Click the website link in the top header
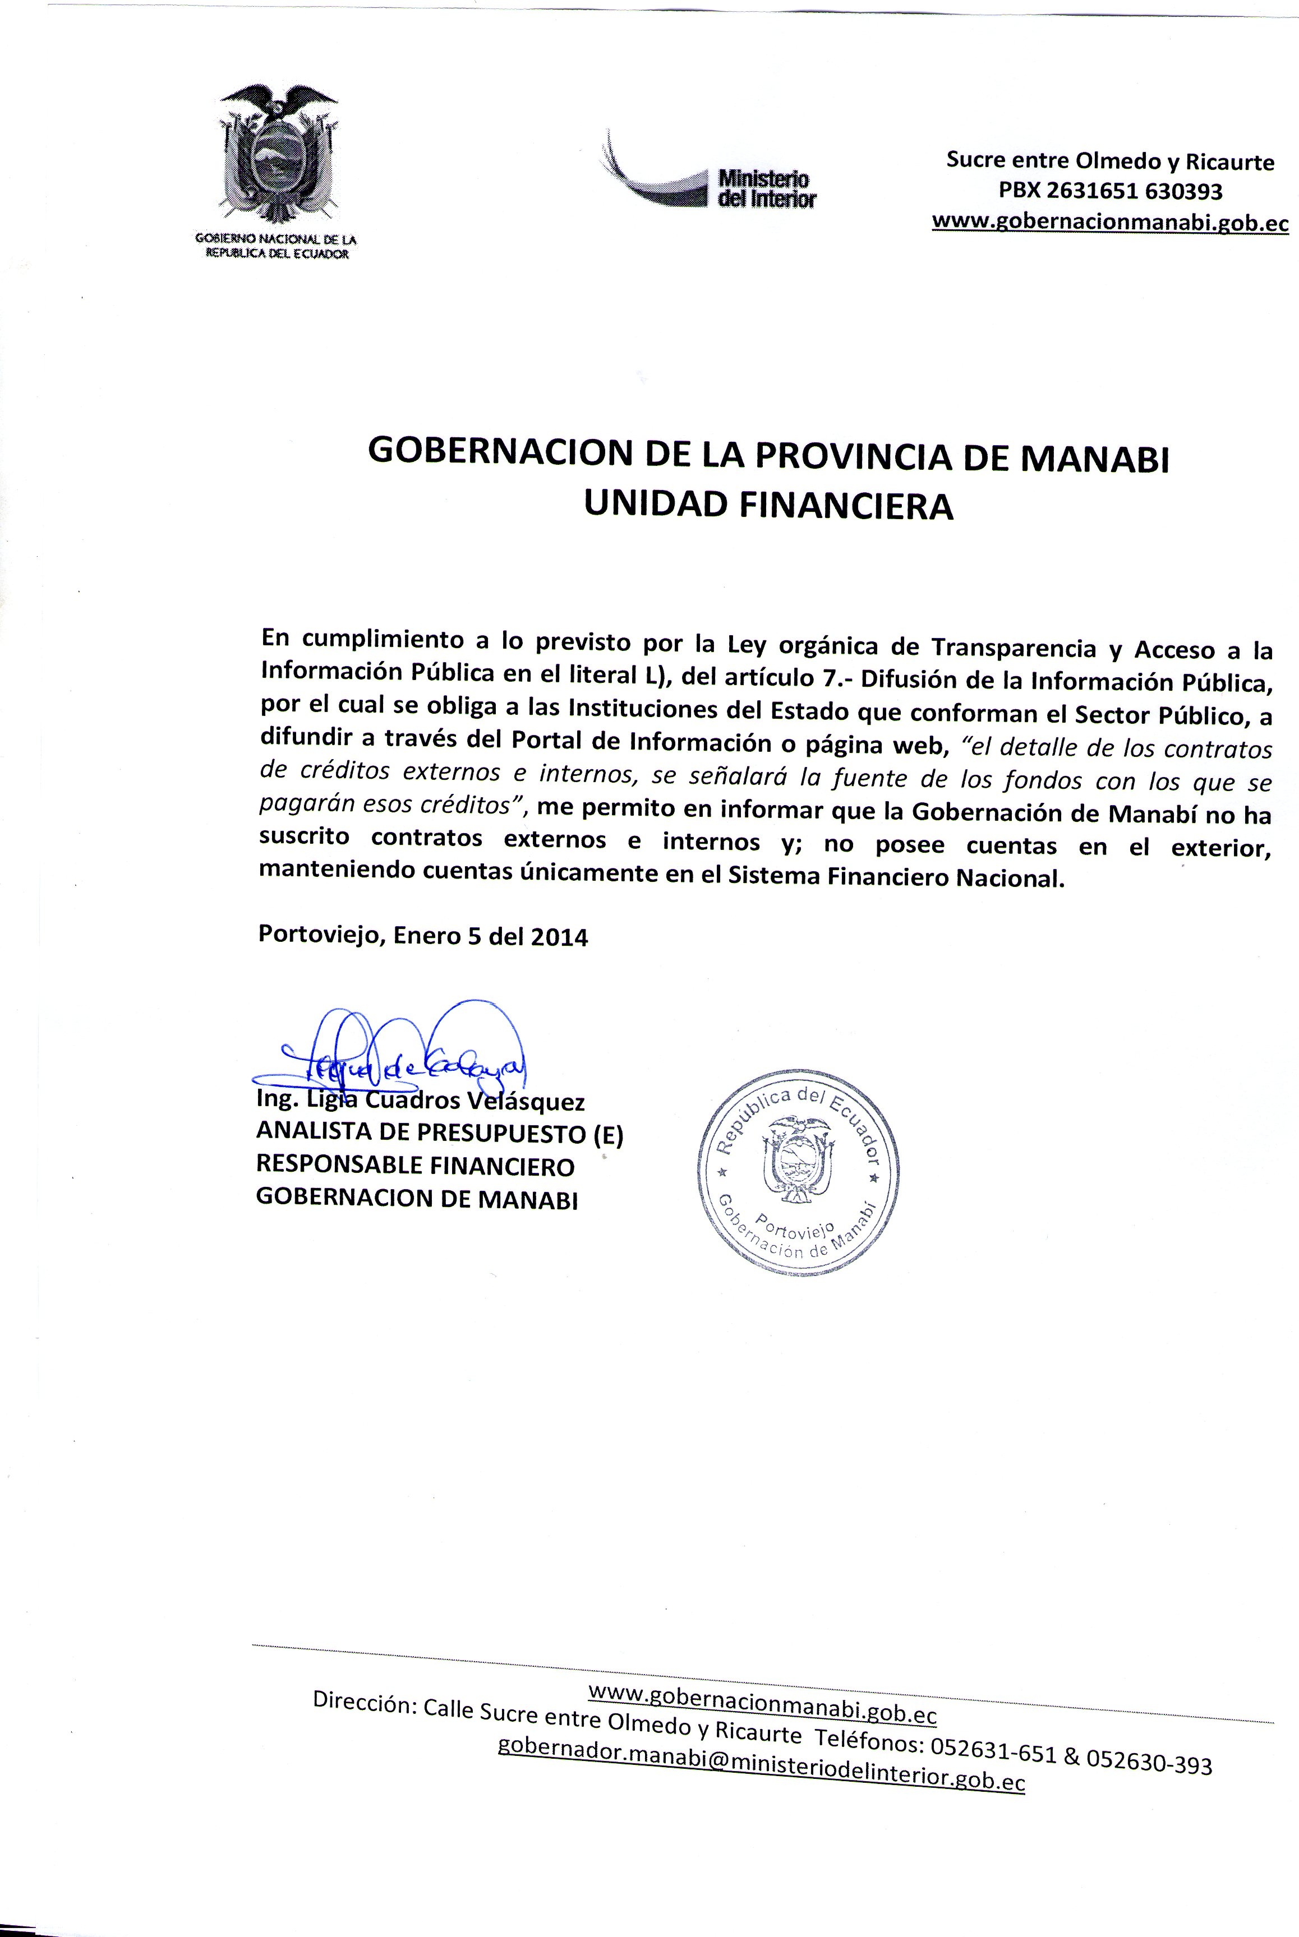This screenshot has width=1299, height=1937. click(x=1110, y=222)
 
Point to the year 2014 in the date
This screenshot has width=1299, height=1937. click(x=559, y=937)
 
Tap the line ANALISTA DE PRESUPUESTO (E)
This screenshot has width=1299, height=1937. click(x=439, y=1133)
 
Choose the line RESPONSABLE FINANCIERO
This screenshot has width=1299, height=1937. click(x=415, y=1166)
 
